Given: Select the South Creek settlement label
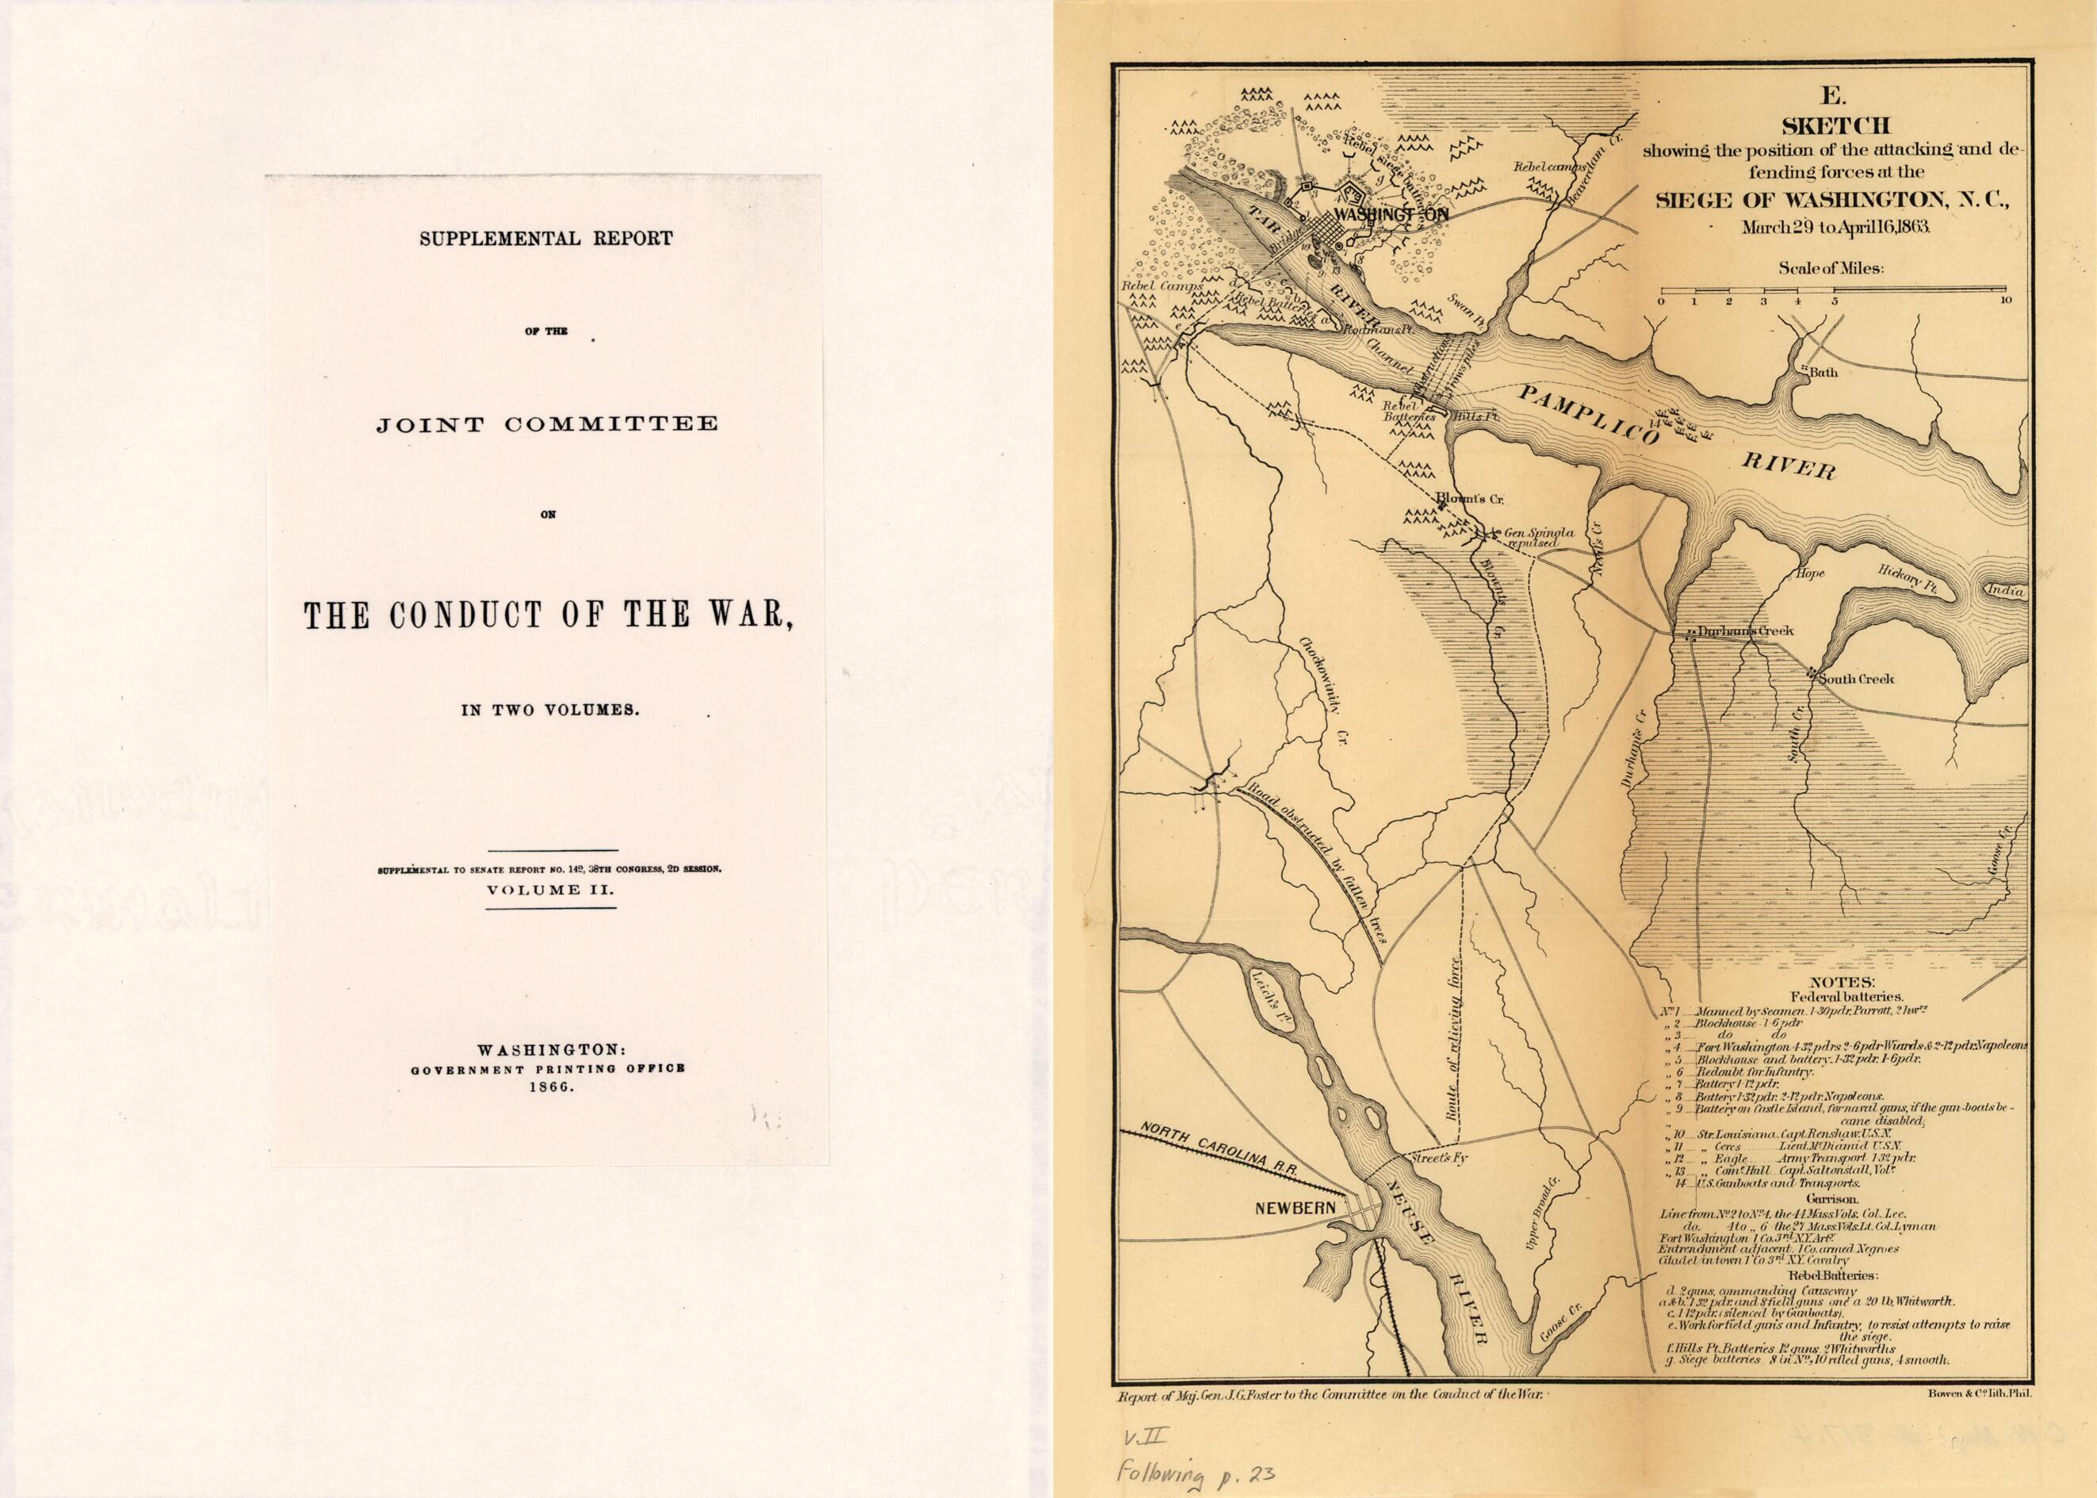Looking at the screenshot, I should point(1858,678).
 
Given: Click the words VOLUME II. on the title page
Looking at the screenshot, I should point(550,891).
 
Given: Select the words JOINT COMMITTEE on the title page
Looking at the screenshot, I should point(547,424).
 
